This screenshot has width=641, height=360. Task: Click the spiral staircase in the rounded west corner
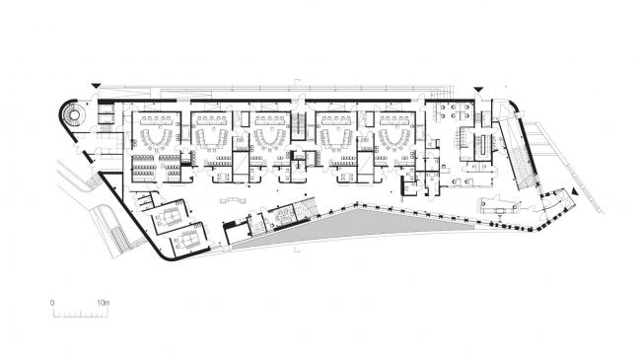(71, 117)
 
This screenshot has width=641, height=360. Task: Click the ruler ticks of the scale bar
(79, 314)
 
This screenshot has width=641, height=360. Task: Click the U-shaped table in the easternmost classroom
(396, 137)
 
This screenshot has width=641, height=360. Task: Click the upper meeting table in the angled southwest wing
(171, 211)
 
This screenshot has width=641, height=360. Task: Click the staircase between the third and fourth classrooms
(299, 126)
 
